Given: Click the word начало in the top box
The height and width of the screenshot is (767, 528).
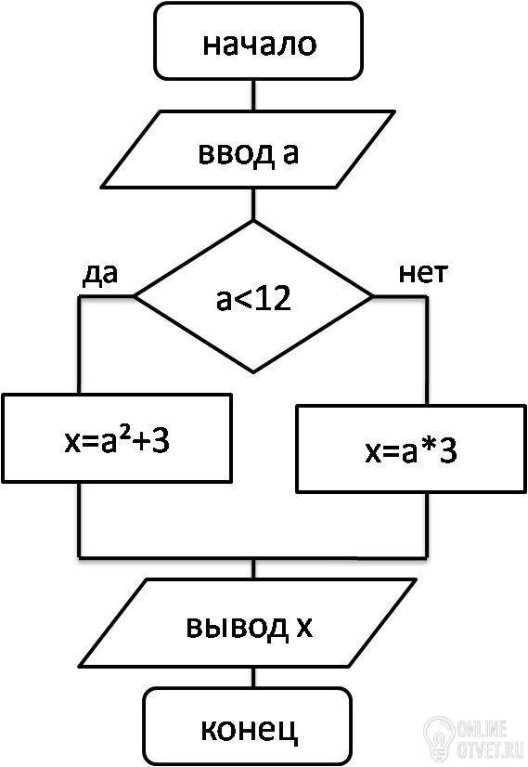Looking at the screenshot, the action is (260, 45).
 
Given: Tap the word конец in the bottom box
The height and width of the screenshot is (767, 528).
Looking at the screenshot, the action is (250, 730).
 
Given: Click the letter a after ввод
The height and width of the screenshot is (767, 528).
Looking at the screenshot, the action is (290, 153).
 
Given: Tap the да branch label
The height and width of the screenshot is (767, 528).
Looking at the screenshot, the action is (100, 275).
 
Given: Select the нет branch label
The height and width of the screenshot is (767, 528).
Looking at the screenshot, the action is (423, 275).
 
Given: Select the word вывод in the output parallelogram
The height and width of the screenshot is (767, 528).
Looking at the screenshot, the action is (238, 627).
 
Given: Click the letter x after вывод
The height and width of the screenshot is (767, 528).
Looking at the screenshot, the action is (304, 628).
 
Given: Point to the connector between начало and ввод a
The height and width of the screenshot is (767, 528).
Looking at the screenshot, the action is (253, 95).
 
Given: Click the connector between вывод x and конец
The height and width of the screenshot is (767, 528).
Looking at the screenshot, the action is (253, 678).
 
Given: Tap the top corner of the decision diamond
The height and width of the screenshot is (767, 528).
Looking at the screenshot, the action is (253, 221).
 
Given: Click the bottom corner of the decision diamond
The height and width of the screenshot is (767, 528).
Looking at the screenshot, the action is (253, 372).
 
